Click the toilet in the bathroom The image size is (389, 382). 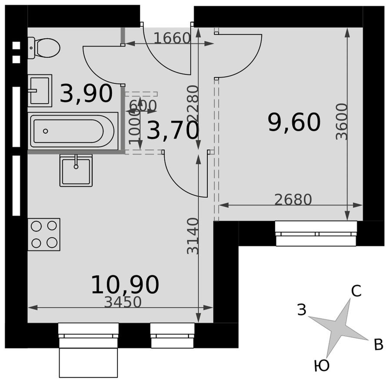pyautogui.click(x=43, y=47)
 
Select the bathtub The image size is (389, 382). pyautogui.click(x=73, y=131)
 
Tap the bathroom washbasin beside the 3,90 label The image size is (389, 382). pyautogui.click(x=40, y=90)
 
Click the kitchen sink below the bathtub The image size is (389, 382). pyautogui.click(x=76, y=170)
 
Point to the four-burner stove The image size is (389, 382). pyautogui.click(x=44, y=234)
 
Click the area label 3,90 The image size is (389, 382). pyautogui.click(x=86, y=94)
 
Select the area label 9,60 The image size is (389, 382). pyautogui.click(x=294, y=122)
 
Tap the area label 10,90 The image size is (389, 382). pyautogui.click(x=125, y=285)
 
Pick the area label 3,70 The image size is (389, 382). pyautogui.click(x=173, y=131)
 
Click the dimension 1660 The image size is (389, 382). pyautogui.click(x=172, y=38)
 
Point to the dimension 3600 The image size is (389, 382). pyautogui.click(x=342, y=121)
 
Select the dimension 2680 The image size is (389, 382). pyautogui.click(x=293, y=199)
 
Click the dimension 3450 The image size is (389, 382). pyautogui.click(x=123, y=302)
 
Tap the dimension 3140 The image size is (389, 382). pyautogui.click(x=193, y=236)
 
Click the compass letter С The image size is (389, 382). pyautogui.click(x=356, y=292)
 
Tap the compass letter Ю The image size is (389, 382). pyautogui.click(x=321, y=366)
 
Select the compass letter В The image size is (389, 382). pyautogui.click(x=379, y=345)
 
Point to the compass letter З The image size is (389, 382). pyautogui.click(x=302, y=310)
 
